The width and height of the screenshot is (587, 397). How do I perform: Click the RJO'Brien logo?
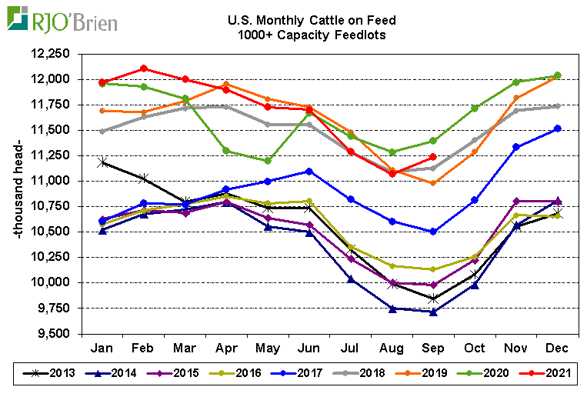(x=62, y=19)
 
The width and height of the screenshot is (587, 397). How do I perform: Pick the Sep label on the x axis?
(x=433, y=348)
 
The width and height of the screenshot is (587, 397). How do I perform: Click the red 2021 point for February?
(x=144, y=68)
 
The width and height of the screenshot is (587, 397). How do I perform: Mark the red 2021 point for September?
(x=433, y=157)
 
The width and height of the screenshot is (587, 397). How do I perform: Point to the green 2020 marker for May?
(x=268, y=161)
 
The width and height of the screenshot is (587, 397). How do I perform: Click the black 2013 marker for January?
(x=102, y=162)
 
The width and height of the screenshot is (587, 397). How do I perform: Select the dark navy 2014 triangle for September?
(x=433, y=312)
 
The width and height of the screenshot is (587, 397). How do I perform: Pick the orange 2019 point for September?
(x=433, y=183)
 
